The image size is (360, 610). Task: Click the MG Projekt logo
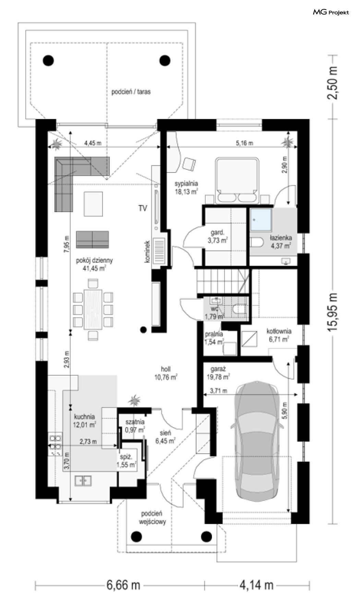(331, 12)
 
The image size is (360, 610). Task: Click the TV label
(143, 208)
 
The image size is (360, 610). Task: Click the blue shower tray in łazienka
(261, 220)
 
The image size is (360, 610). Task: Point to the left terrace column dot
(48, 60)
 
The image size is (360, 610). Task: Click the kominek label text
(147, 252)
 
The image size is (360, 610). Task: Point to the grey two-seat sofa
(92, 239)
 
